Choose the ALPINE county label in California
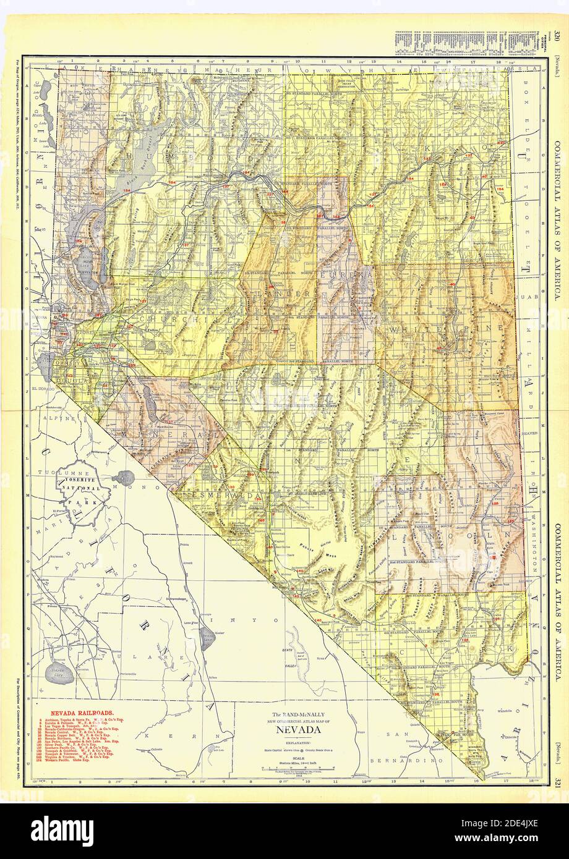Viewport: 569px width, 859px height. (x=62, y=418)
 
